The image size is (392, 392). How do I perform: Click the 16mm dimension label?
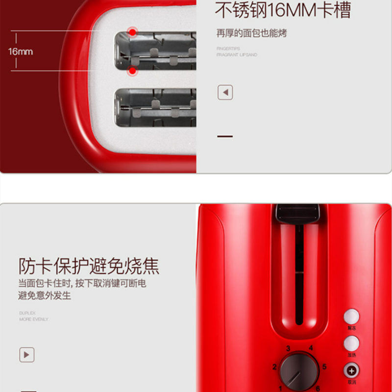pyautogui.click(x=20, y=51)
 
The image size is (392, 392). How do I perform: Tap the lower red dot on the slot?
pyautogui.click(x=132, y=72)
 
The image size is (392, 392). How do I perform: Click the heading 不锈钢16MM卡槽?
pyautogui.click(x=283, y=10)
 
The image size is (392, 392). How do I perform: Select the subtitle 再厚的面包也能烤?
pyautogui.click(x=251, y=33)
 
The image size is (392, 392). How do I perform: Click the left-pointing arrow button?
pyautogui.click(x=225, y=92)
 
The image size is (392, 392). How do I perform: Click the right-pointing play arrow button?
pyautogui.click(x=26, y=354)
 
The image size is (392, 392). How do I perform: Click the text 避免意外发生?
pyautogui.click(x=45, y=295)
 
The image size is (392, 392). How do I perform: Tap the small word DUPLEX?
pyautogui.click(x=27, y=312)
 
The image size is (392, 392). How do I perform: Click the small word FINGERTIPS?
pyautogui.click(x=228, y=49)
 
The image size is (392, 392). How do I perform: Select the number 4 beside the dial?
pyautogui.click(x=311, y=348)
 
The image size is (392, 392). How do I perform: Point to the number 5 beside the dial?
pyautogui.click(x=324, y=367)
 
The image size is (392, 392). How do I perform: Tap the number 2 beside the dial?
pyautogui.click(x=274, y=367)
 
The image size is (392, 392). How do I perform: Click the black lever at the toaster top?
pyautogui.click(x=299, y=213)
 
